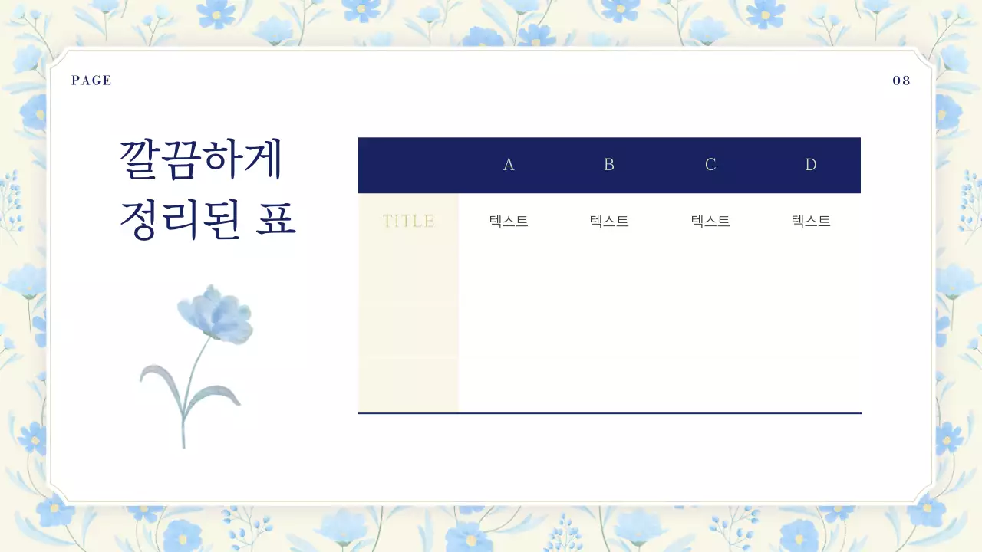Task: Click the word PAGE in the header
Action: click(x=91, y=80)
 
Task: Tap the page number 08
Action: click(x=901, y=80)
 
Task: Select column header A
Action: click(x=509, y=165)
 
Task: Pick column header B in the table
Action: click(x=609, y=165)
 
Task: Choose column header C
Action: click(x=710, y=165)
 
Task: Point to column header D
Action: click(x=811, y=165)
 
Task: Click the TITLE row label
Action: click(x=408, y=222)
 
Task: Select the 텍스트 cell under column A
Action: click(x=509, y=222)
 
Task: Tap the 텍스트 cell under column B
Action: click(x=609, y=222)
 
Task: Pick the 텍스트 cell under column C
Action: click(x=710, y=222)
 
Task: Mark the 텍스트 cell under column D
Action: click(x=811, y=222)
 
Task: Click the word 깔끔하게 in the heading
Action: click(x=202, y=160)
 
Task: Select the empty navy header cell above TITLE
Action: click(x=408, y=165)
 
